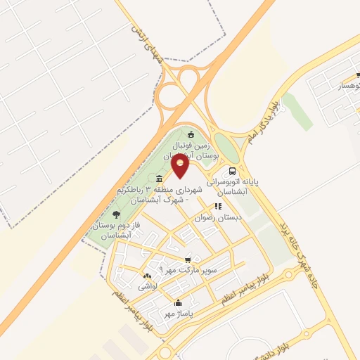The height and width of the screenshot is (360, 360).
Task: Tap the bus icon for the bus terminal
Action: (x=232, y=171)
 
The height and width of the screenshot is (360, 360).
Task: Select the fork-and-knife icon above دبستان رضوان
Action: (x=218, y=207)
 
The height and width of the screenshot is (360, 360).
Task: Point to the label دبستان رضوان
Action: (x=221, y=218)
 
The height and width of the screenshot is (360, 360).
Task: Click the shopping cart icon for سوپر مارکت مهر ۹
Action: (x=187, y=259)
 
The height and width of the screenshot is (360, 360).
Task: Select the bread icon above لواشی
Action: (x=147, y=276)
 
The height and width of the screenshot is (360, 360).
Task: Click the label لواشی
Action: (x=147, y=286)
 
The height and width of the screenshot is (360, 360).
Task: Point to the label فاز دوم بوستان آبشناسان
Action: (x=112, y=229)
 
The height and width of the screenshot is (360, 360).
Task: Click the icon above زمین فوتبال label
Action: (x=191, y=134)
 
